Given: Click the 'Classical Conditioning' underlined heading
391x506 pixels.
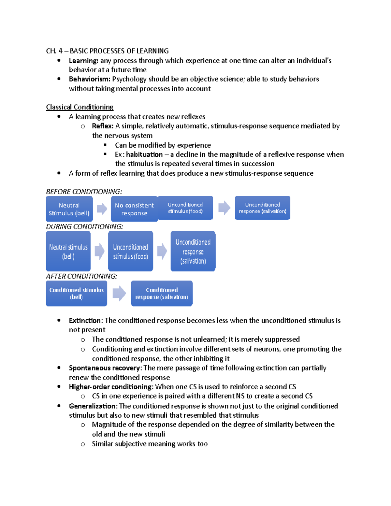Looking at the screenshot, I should [80, 107].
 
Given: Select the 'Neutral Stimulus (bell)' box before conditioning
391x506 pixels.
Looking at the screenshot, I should [69, 209].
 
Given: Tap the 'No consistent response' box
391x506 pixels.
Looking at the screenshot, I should [134, 209].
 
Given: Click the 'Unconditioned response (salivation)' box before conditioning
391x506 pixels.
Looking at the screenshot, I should [262, 208].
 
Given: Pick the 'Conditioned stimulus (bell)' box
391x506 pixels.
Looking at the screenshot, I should [76, 293].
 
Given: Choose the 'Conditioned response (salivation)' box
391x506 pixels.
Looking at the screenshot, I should [162, 293].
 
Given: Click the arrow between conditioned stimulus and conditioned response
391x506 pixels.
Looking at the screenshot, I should [119, 293].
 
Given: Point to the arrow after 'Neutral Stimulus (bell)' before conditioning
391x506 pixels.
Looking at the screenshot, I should [102, 209].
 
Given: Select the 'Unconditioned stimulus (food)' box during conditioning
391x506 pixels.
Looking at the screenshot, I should [130, 251].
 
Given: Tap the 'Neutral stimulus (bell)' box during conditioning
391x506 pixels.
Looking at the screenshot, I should [68, 251].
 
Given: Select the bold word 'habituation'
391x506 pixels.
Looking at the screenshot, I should [144, 154].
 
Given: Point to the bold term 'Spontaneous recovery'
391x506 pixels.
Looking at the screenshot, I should [104, 368].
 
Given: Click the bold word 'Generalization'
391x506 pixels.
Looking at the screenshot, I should [92, 406].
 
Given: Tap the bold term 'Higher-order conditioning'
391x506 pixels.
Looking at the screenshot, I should [110, 387].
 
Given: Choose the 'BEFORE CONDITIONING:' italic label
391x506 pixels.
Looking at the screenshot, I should [84, 192].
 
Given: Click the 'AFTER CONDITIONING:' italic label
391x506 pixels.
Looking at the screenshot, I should [81, 276].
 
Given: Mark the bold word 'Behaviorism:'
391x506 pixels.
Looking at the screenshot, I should [90, 79].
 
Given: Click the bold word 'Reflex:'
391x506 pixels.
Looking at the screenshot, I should [103, 126].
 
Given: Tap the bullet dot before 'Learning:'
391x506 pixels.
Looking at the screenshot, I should [59, 60].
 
